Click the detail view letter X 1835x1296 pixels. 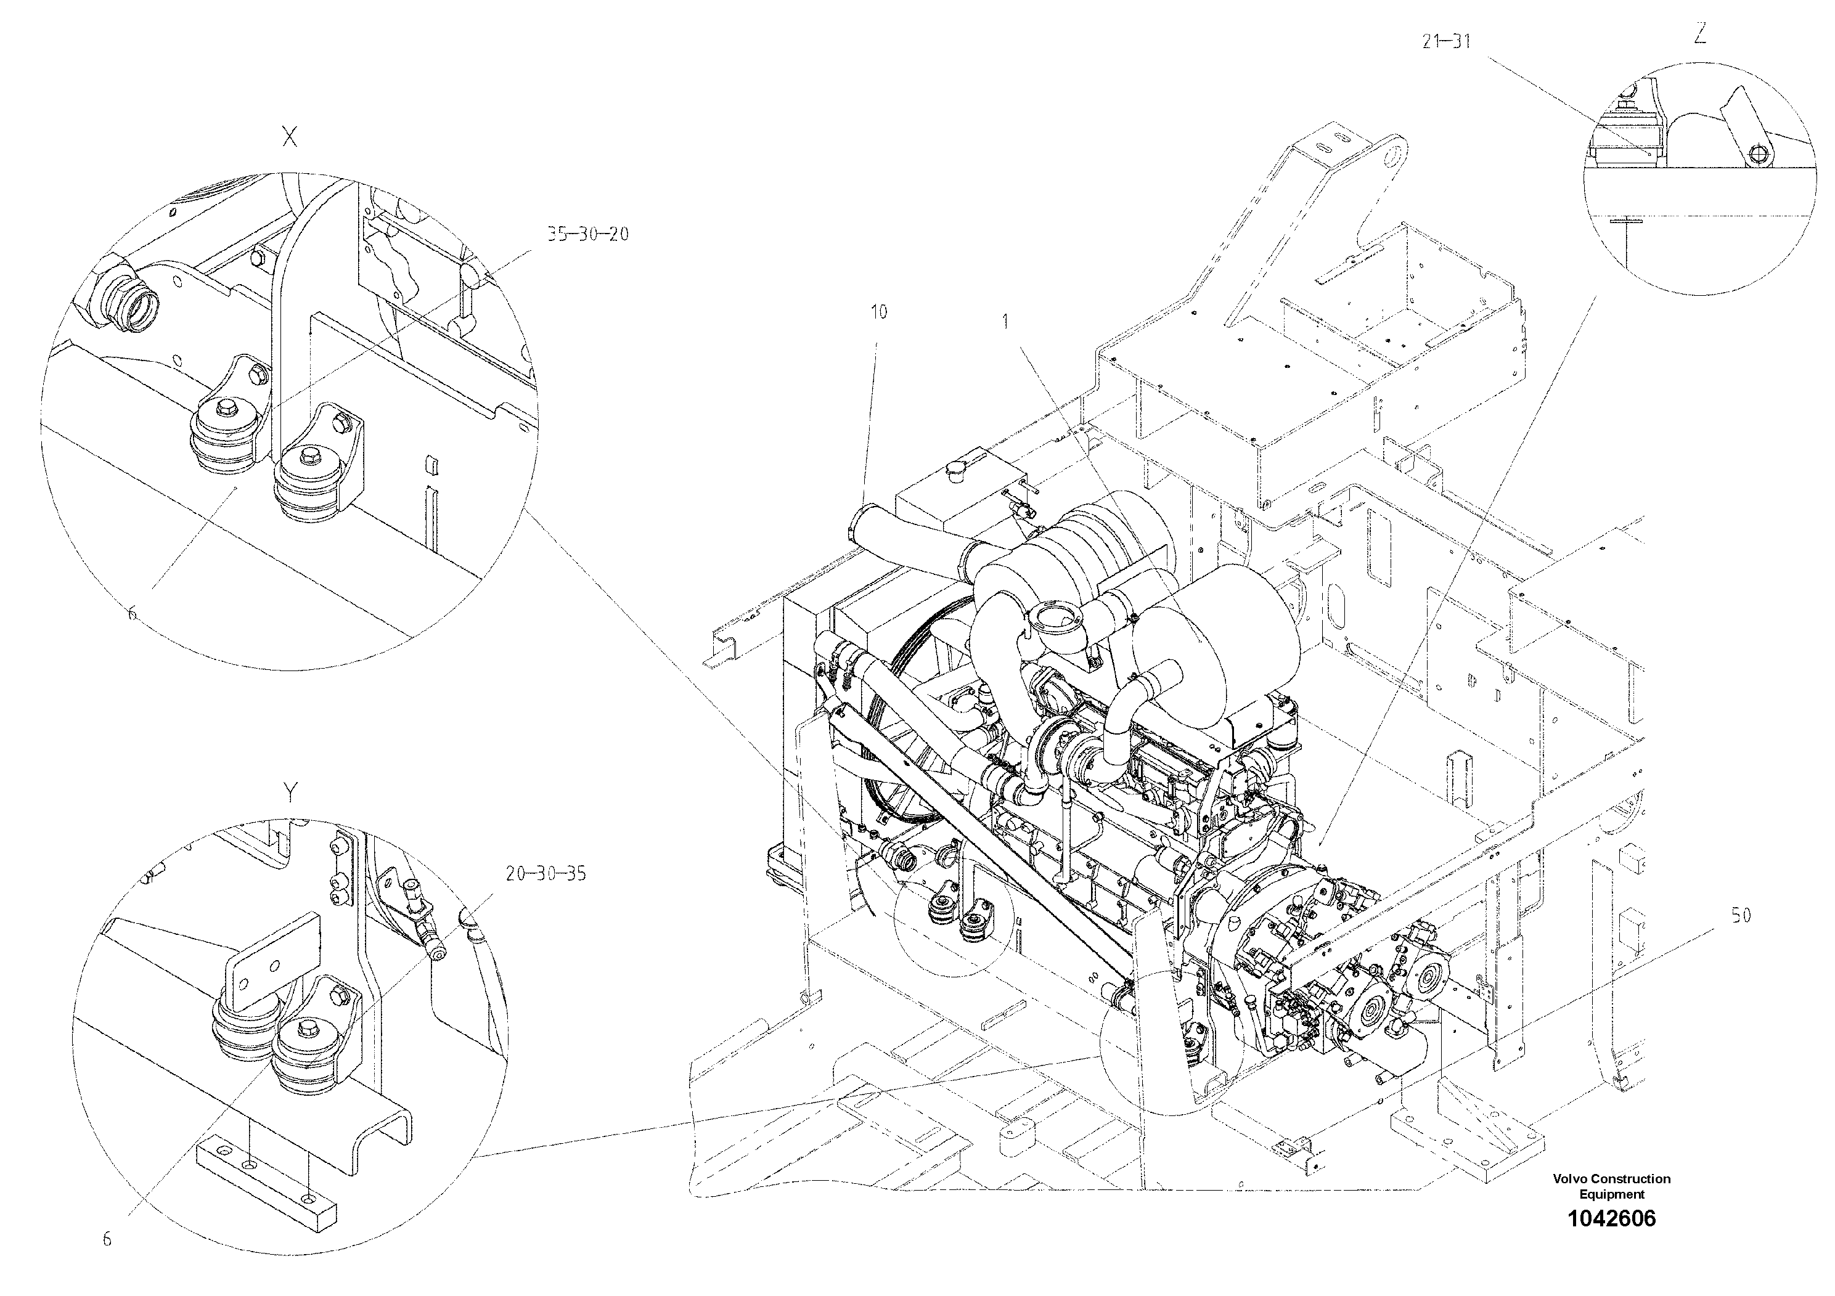290,137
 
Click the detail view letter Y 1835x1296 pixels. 291,792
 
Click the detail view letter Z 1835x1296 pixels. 1700,33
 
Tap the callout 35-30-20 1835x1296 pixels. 587,234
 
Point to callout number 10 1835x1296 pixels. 878,312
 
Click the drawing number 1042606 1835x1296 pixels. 1611,1218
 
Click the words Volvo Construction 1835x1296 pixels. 1611,1178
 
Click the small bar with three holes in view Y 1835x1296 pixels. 266,1172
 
